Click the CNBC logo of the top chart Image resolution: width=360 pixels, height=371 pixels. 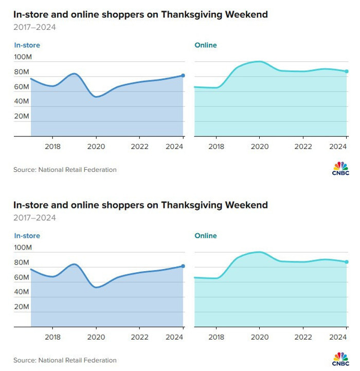[x=340, y=168]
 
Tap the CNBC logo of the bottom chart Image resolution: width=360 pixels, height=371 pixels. [x=340, y=359]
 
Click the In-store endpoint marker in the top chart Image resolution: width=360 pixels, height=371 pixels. [x=183, y=76]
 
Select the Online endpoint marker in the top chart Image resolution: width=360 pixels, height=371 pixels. [x=347, y=72]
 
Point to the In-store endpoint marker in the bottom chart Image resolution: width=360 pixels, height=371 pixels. [x=183, y=266]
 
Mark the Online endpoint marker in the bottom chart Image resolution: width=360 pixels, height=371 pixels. [x=347, y=262]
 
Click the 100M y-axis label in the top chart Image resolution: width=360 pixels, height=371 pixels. [x=23, y=57]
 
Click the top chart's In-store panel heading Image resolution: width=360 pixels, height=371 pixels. [x=27, y=45]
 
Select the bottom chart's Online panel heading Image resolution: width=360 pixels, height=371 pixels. [x=206, y=236]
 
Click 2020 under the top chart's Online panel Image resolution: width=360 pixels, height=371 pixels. [x=259, y=147]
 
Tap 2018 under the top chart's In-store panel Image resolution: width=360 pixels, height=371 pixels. [x=53, y=147]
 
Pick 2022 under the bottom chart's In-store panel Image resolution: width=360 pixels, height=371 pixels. [x=139, y=337]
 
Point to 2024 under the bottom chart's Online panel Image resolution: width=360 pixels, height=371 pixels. [x=338, y=337]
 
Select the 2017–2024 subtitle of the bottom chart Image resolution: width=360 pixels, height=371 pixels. [x=34, y=218]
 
